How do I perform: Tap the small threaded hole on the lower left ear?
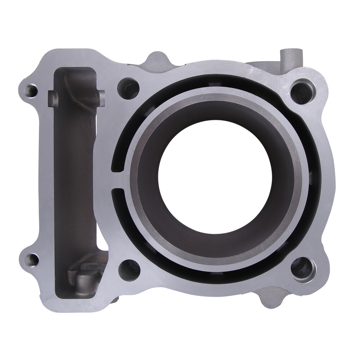point(32,259)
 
